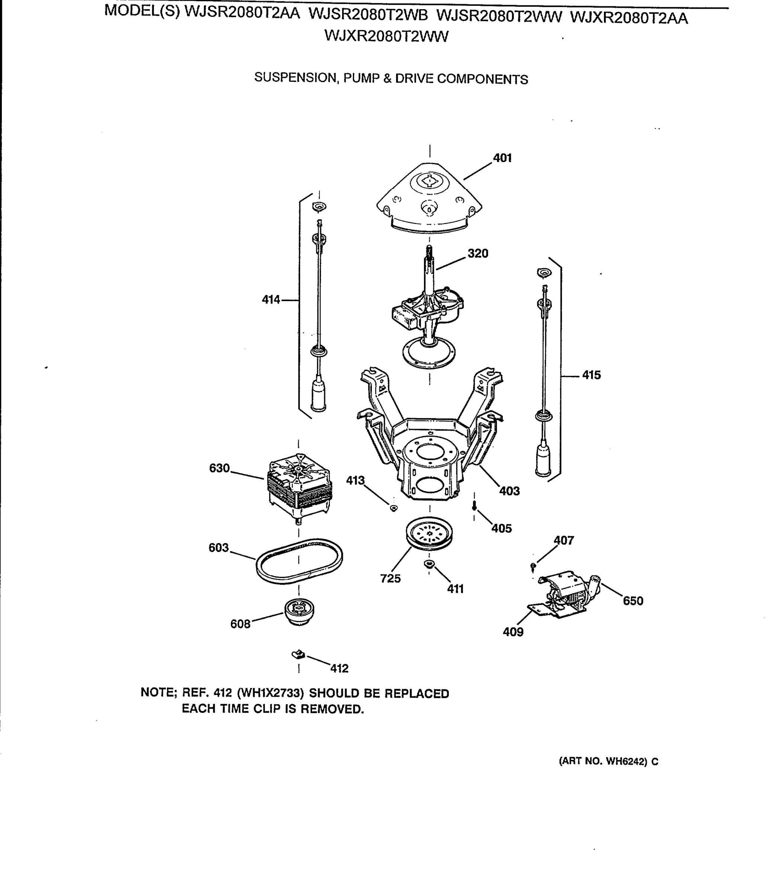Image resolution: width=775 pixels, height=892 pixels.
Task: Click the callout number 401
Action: [502, 158]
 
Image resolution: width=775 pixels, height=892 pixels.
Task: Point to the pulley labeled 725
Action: [429, 533]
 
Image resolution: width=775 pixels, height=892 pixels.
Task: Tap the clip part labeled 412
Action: [298, 655]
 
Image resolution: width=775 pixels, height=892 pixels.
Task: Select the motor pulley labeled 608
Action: [299, 611]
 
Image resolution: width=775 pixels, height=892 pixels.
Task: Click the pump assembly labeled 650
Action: [566, 594]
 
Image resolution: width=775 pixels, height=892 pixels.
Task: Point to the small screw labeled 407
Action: [533, 566]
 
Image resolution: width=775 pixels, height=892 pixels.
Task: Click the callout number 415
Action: [591, 375]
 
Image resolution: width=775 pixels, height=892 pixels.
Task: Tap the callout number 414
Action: [271, 300]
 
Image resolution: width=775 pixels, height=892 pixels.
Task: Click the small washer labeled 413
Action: [393, 508]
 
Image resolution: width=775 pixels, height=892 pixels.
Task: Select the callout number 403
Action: [509, 491]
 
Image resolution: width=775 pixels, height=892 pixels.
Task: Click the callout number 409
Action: [513, 632]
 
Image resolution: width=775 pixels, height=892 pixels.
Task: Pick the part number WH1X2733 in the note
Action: [270, 693]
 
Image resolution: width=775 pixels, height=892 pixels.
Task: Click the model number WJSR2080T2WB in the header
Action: [368, 15]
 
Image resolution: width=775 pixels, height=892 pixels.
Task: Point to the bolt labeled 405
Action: [475, 505]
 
